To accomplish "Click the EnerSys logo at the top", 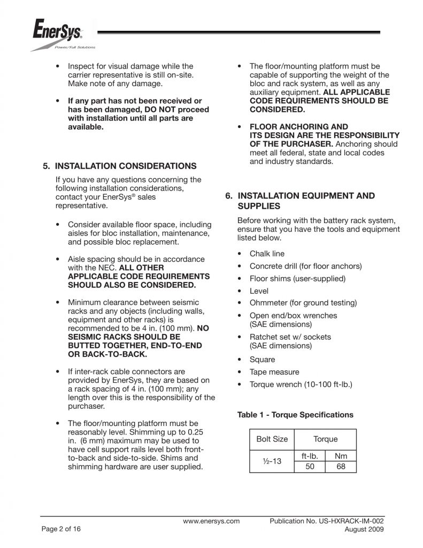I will click(x=58, y=35).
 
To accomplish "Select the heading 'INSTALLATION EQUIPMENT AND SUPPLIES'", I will click(x=306, y=201).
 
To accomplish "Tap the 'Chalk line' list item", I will click(x=267, y=254).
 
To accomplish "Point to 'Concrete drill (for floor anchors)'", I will click(x=305, y=266).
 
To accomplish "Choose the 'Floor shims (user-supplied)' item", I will click(x=297, y=278).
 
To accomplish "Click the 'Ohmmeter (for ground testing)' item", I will click(x=303, y=303).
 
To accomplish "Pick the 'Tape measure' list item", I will click(x=274, y=371).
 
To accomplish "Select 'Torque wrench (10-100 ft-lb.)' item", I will click(x=301, y=384).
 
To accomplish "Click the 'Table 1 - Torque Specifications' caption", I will click(x=295, y=415).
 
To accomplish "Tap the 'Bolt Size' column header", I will click(x=272, y=439).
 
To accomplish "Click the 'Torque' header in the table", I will click(x=325, y=439).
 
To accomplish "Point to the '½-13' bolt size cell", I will click(x=272, y=461).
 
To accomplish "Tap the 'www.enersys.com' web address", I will click(x=211, y=521).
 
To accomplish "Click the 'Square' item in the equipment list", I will click(x=262, y=360).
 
